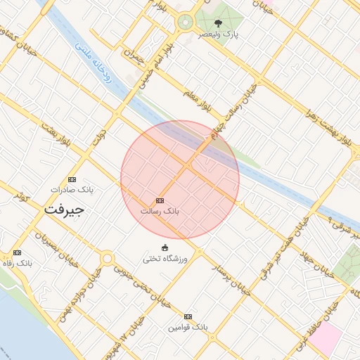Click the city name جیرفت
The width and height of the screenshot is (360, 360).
tap(63, 210)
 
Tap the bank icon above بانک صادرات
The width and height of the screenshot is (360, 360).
tap(72, 179)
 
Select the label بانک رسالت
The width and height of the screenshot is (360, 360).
tap(161, 210)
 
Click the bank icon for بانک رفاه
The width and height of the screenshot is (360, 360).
tap(17, 252)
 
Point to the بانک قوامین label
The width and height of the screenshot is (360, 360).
tap(188, 328)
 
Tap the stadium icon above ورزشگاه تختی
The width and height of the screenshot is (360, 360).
tap(165, 247)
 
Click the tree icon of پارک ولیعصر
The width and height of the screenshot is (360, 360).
tap(218, 22)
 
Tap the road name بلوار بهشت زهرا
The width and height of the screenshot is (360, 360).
tap(330, 127)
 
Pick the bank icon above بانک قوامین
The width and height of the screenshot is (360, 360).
tap(188, 316)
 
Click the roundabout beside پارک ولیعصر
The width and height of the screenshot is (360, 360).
tap(186, 22)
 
